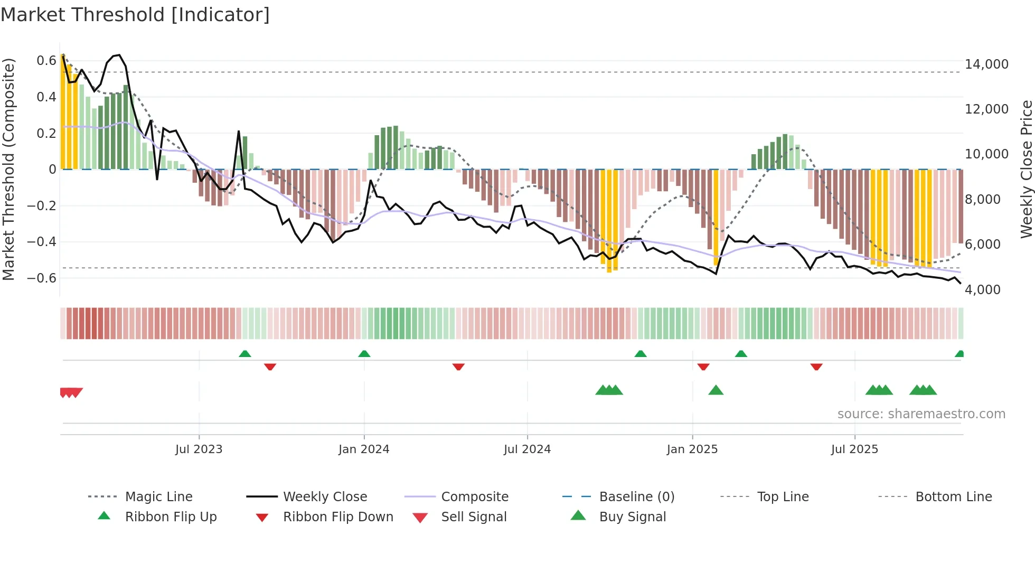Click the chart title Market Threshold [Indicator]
[135, 15]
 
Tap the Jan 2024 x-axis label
[364, 449]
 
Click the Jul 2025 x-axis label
[854, 449]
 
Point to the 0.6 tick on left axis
[46, 61]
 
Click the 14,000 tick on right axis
[986, 64]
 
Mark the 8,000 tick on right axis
[983, 200]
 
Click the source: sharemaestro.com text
[921, 414]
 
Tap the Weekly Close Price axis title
[1026, 169]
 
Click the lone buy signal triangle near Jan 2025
[716, 391]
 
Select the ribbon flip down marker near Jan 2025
[703, 367]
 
